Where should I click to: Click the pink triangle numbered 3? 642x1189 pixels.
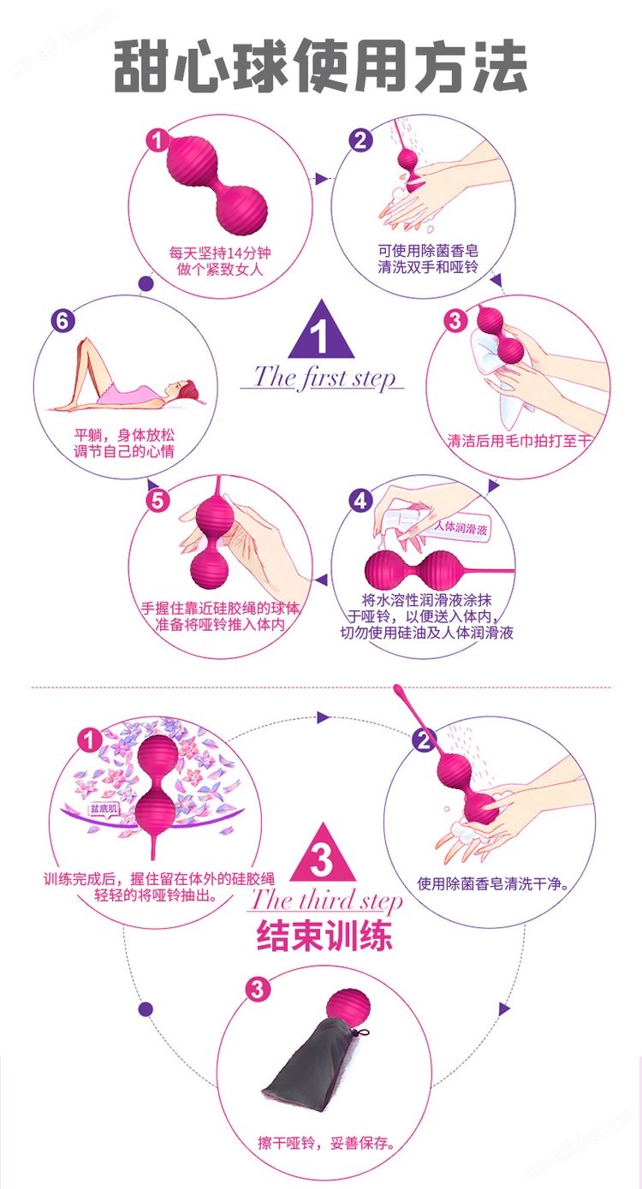coord(322,853)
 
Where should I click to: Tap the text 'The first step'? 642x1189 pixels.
coord(324,378)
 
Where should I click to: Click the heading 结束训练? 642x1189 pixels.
coord(324,936)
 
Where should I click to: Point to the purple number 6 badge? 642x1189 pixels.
coord(62,321)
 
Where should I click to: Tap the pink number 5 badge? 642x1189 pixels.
coord(158,501)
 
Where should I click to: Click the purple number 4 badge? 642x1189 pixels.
coord(360,501)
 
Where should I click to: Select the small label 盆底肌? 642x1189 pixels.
coord(104,809)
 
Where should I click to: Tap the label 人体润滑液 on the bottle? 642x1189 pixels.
coord(460,527)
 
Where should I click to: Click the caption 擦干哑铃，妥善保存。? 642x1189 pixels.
coord(327,1142)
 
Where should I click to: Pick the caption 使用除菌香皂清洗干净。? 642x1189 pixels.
coord(493,883)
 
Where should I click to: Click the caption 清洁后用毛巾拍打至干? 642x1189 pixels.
coord(519,441)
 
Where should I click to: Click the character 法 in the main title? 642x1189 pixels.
coord(501,66)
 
